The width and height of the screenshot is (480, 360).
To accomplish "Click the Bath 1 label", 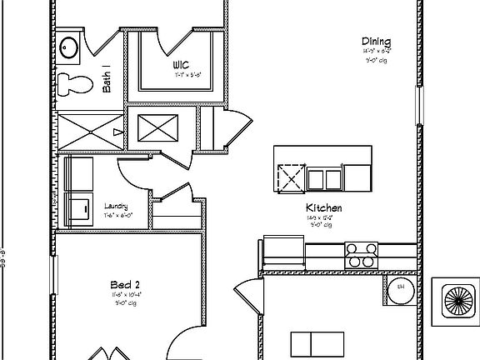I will (107, 78).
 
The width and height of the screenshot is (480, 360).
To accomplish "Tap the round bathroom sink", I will (68, 48).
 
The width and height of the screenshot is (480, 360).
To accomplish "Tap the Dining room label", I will (377, 42).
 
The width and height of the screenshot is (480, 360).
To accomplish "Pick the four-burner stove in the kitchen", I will (362, 254).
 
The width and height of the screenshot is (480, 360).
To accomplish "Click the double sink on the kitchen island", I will (325, 178).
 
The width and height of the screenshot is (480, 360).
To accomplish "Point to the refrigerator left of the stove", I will (283, 252).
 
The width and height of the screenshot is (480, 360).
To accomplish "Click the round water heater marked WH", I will (400, 288).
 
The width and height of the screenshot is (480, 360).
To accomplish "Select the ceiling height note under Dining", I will (376, 61).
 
